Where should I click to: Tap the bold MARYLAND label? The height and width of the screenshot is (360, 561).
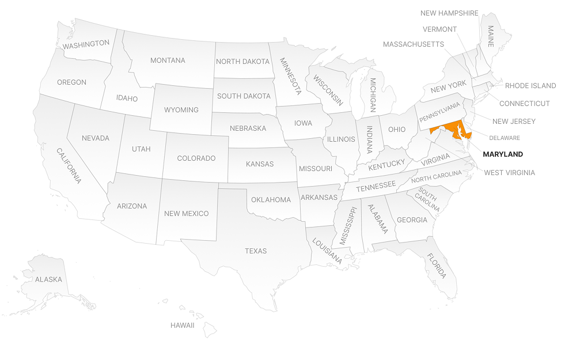click(503, 154)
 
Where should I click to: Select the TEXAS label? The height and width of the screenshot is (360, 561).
click(256, 251)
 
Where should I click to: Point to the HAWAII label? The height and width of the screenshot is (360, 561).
click(182, 325)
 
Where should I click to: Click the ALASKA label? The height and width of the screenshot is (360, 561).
click(48, 279)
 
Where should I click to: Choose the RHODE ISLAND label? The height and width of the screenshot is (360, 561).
click(530, 86)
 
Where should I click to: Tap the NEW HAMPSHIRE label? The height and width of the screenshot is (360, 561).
click(449, 13)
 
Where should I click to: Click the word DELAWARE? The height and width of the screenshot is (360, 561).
click(505, 138)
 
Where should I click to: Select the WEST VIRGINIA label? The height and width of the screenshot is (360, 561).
click(509, 172)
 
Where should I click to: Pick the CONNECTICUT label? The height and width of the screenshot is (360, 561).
click(524, 104)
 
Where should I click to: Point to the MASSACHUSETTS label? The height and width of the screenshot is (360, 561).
click(414, 44)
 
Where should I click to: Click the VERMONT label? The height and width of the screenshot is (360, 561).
click(439, 29)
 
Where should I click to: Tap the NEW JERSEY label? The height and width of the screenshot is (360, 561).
click(514, 122)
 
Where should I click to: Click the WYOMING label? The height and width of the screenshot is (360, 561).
click(181, 110)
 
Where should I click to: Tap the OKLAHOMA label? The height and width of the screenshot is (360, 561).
click(271, 200)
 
